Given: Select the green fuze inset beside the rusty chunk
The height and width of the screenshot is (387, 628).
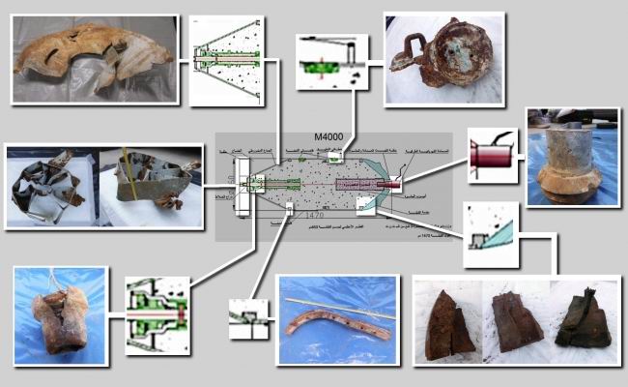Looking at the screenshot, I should (x=157, y=315).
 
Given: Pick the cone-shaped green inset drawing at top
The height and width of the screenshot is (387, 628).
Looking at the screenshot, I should (x=224, y=59).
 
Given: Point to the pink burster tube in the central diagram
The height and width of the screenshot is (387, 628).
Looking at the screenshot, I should (x=357, y=183).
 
